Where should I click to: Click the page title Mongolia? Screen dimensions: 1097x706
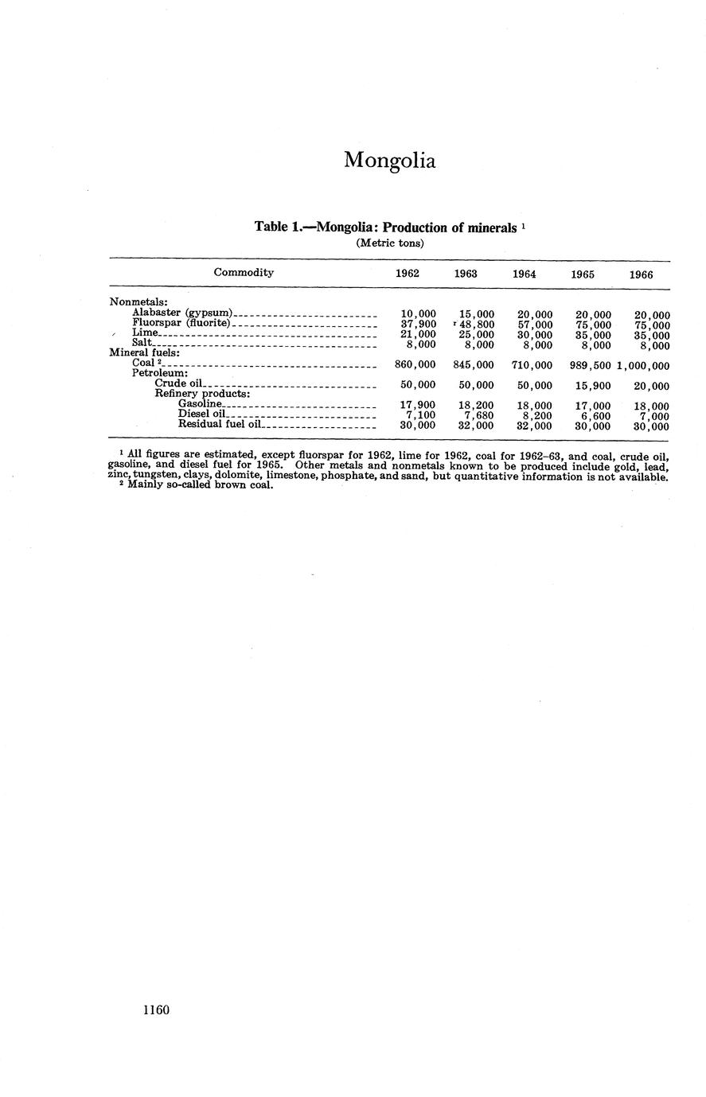[389, 160]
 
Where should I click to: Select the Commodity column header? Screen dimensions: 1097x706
[244, 272]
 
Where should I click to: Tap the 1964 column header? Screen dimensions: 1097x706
[523, 274]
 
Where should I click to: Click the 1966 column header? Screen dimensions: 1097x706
[641, 274]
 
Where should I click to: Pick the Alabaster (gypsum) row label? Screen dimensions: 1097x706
[182, 313]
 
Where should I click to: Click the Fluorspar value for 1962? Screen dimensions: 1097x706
[418, 325]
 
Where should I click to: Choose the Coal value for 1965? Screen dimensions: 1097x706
[585, 365]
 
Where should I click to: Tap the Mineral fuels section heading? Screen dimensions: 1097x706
[143, 352]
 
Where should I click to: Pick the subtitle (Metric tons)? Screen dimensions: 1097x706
[389, 243]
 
